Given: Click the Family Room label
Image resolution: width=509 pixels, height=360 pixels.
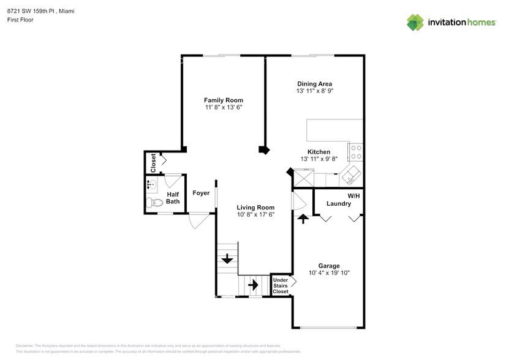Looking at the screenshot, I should click(x=224, y=100).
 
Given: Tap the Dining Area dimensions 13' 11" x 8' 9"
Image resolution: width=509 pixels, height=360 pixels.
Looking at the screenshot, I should click(x=314, y=91).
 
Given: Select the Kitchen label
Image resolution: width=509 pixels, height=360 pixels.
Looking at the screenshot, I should click(x=319, y=152).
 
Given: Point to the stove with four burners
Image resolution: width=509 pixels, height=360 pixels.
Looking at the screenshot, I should click(x=356, y=152).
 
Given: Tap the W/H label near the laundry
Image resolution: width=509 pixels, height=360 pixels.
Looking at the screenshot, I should click(x=353, y=196).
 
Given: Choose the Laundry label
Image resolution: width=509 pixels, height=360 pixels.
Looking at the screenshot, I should click(x=338, y=203).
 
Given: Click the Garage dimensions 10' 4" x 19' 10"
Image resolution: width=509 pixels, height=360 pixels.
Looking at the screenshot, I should click(x=329, y=273).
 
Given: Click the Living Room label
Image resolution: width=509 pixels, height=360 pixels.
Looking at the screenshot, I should click(x=255, y=207).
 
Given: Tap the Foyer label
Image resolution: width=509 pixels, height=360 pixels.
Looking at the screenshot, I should click(x=201, y=193).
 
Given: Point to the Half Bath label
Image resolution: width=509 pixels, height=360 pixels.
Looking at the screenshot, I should click(x=173, y=198).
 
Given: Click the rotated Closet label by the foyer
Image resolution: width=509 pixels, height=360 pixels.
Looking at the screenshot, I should click(x=153, y=162).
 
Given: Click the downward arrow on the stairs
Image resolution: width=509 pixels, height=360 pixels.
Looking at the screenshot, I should click(x=227, y=259).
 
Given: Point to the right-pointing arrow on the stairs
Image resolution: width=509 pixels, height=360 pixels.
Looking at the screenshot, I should click(x=253, y=285).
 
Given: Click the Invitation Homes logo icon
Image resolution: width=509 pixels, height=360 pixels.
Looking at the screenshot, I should click(x=415, y=23).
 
